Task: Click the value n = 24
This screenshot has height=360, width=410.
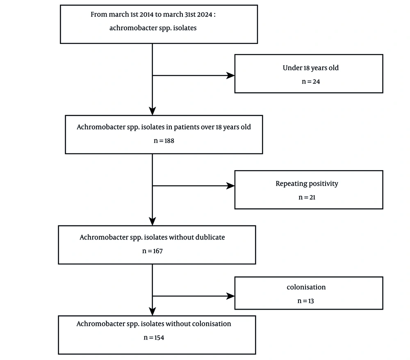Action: (x=311, y=82)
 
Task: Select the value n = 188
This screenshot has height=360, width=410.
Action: (x=164, y=141)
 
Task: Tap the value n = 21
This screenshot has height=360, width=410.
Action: (x=307, y=197)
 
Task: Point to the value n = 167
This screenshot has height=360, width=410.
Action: (x=153, y=251)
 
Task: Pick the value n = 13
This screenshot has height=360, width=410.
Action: (x=305, y=301)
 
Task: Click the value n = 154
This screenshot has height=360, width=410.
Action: (x=154, y=337)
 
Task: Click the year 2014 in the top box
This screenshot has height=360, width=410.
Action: (x=146, y=14)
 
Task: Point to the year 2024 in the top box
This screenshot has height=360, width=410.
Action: (x=205, y=14)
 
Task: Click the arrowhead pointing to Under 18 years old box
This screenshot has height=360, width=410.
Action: (x=230, y=75)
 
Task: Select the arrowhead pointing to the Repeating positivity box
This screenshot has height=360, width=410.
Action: (x=230, y=186)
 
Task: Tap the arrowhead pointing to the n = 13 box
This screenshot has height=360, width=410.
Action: (x=230, y=296)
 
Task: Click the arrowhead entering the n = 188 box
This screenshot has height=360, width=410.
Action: (x=153, y=111)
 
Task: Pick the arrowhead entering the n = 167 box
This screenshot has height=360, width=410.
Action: (x=153, y=221)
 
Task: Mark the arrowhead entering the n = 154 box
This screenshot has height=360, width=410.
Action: (x=153, y=311)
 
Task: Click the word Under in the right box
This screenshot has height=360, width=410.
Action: (x=292, y=68)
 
